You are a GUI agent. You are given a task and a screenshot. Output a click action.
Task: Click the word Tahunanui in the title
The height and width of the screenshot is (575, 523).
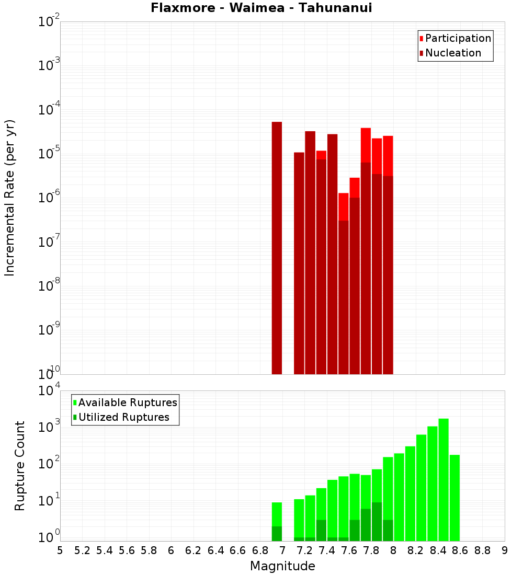340,8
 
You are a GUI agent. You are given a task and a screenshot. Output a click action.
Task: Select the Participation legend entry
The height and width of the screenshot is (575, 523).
458,38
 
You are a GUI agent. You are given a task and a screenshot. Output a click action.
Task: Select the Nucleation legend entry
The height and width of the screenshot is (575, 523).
452,53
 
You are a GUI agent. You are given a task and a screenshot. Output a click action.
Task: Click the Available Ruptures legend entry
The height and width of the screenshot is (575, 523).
127,402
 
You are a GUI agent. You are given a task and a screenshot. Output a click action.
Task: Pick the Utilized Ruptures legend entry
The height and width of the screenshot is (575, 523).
123,417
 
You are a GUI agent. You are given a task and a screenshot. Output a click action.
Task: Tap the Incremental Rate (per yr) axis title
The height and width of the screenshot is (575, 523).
10,198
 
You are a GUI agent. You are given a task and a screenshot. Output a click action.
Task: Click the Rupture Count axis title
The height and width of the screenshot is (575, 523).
20,466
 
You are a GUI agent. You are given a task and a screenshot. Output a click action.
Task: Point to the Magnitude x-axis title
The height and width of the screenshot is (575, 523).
282,566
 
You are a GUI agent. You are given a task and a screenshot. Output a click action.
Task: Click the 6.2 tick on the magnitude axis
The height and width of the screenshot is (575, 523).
194,550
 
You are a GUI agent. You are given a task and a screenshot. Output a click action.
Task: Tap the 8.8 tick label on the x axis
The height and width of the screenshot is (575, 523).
482,550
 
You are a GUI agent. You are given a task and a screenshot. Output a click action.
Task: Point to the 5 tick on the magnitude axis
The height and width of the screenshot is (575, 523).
60,550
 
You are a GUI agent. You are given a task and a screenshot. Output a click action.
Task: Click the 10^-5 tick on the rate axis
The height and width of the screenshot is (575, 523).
49,154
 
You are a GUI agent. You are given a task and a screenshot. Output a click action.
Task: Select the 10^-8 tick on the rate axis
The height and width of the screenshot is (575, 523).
49,286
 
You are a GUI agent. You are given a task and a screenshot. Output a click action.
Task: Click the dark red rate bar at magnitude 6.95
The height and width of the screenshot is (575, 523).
277,248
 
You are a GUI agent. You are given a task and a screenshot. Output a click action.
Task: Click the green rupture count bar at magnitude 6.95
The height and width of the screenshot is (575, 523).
277,515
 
